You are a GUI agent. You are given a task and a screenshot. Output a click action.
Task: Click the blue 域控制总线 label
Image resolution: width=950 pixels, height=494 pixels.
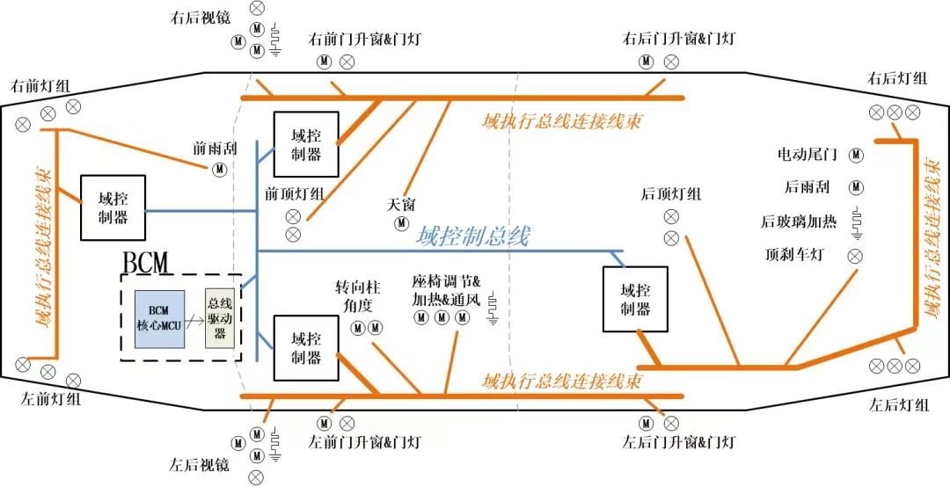click(472, 236)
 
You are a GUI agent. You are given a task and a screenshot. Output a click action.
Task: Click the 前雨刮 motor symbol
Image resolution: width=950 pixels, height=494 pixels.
click(217, 170)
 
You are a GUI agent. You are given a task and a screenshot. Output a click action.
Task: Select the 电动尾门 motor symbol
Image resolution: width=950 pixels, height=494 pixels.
click(855, 154)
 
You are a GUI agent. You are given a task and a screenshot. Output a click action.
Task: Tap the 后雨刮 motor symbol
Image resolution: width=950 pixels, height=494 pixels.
click(855, 187)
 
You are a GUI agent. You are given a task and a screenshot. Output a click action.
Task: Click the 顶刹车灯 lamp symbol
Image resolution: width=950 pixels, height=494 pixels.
click(854, 255)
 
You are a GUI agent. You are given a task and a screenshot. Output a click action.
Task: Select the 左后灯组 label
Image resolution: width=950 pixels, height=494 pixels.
click(898, 405)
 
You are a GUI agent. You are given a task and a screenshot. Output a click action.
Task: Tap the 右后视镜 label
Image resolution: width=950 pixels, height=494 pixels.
click(201, 18)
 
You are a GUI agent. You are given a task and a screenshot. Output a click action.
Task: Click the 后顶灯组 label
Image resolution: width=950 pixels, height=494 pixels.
click(671, 194)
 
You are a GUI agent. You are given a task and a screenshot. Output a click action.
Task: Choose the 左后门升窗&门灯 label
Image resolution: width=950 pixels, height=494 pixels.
click(677, 441)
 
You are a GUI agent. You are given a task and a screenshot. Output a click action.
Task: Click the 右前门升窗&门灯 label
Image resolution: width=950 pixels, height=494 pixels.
click(365, 40)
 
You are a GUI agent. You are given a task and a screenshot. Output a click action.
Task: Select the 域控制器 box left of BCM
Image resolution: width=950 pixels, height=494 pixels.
click(113, 207)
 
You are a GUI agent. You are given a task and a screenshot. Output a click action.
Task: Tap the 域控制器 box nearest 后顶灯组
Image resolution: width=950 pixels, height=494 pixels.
click(635, 299)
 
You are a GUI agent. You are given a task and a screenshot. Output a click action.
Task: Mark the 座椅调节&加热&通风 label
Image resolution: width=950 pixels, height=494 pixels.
click(446, 290)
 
